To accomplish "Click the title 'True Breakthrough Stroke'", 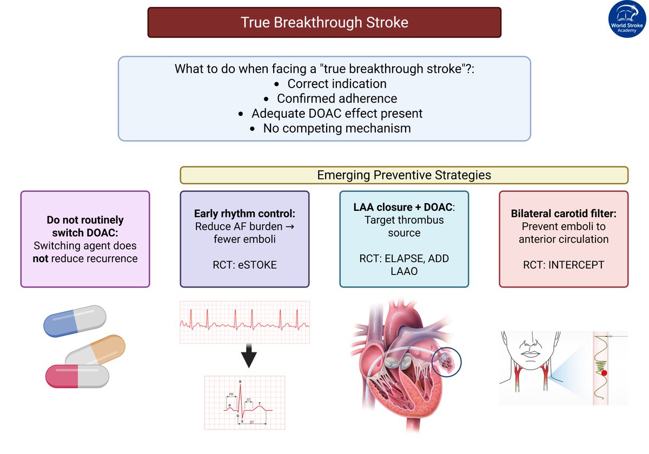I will point(325,22).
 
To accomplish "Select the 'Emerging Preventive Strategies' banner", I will point(404,175).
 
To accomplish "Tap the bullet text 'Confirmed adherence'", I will point(337,98).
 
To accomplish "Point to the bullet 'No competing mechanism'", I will point(337,128).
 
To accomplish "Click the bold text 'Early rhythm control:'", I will point(244,213).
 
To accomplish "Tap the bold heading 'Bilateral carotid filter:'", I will point(564,213).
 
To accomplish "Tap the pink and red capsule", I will point(77,376).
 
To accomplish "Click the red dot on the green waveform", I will point(604,373).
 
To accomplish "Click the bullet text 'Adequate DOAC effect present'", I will point(337,113).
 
